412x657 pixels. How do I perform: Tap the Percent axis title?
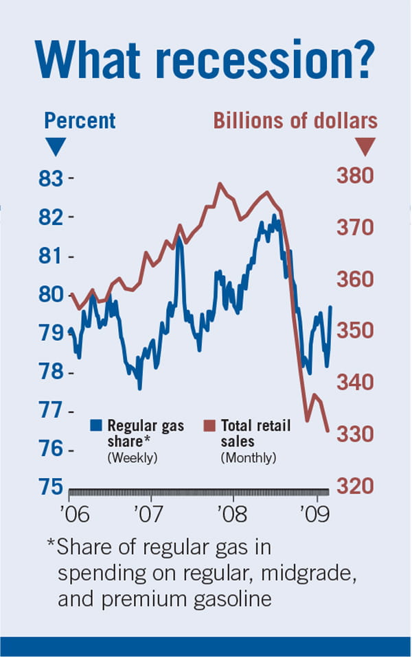point(80,121)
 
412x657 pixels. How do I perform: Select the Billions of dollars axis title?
point(295,121)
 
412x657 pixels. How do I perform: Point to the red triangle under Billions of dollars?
point(366,146)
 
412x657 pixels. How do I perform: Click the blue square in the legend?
point(96,425)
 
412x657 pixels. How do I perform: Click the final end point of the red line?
point(328,431)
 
